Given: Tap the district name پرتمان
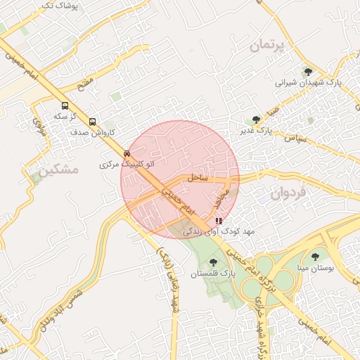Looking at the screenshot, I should coord(269,46).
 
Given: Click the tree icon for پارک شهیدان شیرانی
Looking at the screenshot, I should coord(307,71).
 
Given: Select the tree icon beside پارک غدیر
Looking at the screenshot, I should coord(256,120).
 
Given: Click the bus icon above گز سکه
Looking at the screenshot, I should coord(65,103).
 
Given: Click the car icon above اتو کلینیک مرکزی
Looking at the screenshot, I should coord(127,153).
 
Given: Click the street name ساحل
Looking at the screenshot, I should coord(198,178).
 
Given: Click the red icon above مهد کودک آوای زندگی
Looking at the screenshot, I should coord(218,220).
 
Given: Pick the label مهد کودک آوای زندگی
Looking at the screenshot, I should coord(222,231).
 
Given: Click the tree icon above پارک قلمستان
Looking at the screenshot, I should coord(213,262).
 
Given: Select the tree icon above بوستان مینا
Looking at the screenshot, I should coord(314,257).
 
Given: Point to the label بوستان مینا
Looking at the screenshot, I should coord(314,269).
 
